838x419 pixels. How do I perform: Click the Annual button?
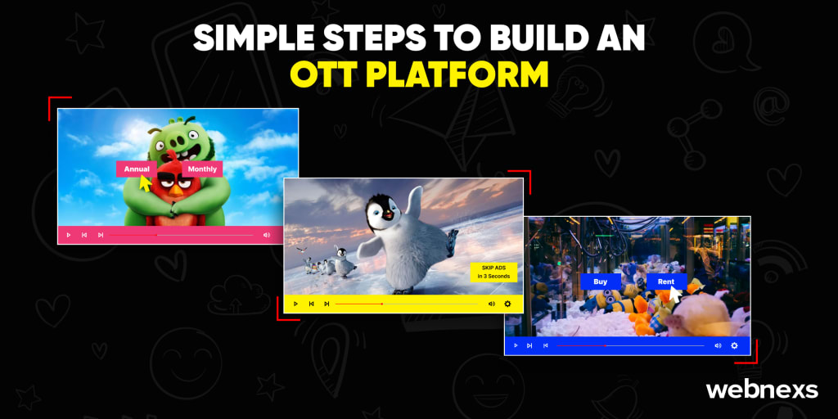coord(137,169)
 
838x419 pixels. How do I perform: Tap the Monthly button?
coord(202,169)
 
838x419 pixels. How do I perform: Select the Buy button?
coord(600,282)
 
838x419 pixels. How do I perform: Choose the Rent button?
coord(666,282)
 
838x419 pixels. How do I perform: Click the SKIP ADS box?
coord(493,272)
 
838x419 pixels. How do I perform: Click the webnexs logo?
coord(762,390)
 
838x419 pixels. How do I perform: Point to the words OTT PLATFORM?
coord(419,74)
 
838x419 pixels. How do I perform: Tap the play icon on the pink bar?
coord(69,235)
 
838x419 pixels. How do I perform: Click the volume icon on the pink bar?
coord(267,235)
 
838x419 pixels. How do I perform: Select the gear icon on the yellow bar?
coord(507,304)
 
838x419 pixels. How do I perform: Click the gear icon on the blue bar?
coord(734,346)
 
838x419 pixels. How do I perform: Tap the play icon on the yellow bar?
coord(295,304)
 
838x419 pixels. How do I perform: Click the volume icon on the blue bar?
coord(718,346)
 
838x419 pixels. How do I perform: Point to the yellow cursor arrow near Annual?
coord(144,182)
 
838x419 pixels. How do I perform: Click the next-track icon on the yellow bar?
coord(327,304)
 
